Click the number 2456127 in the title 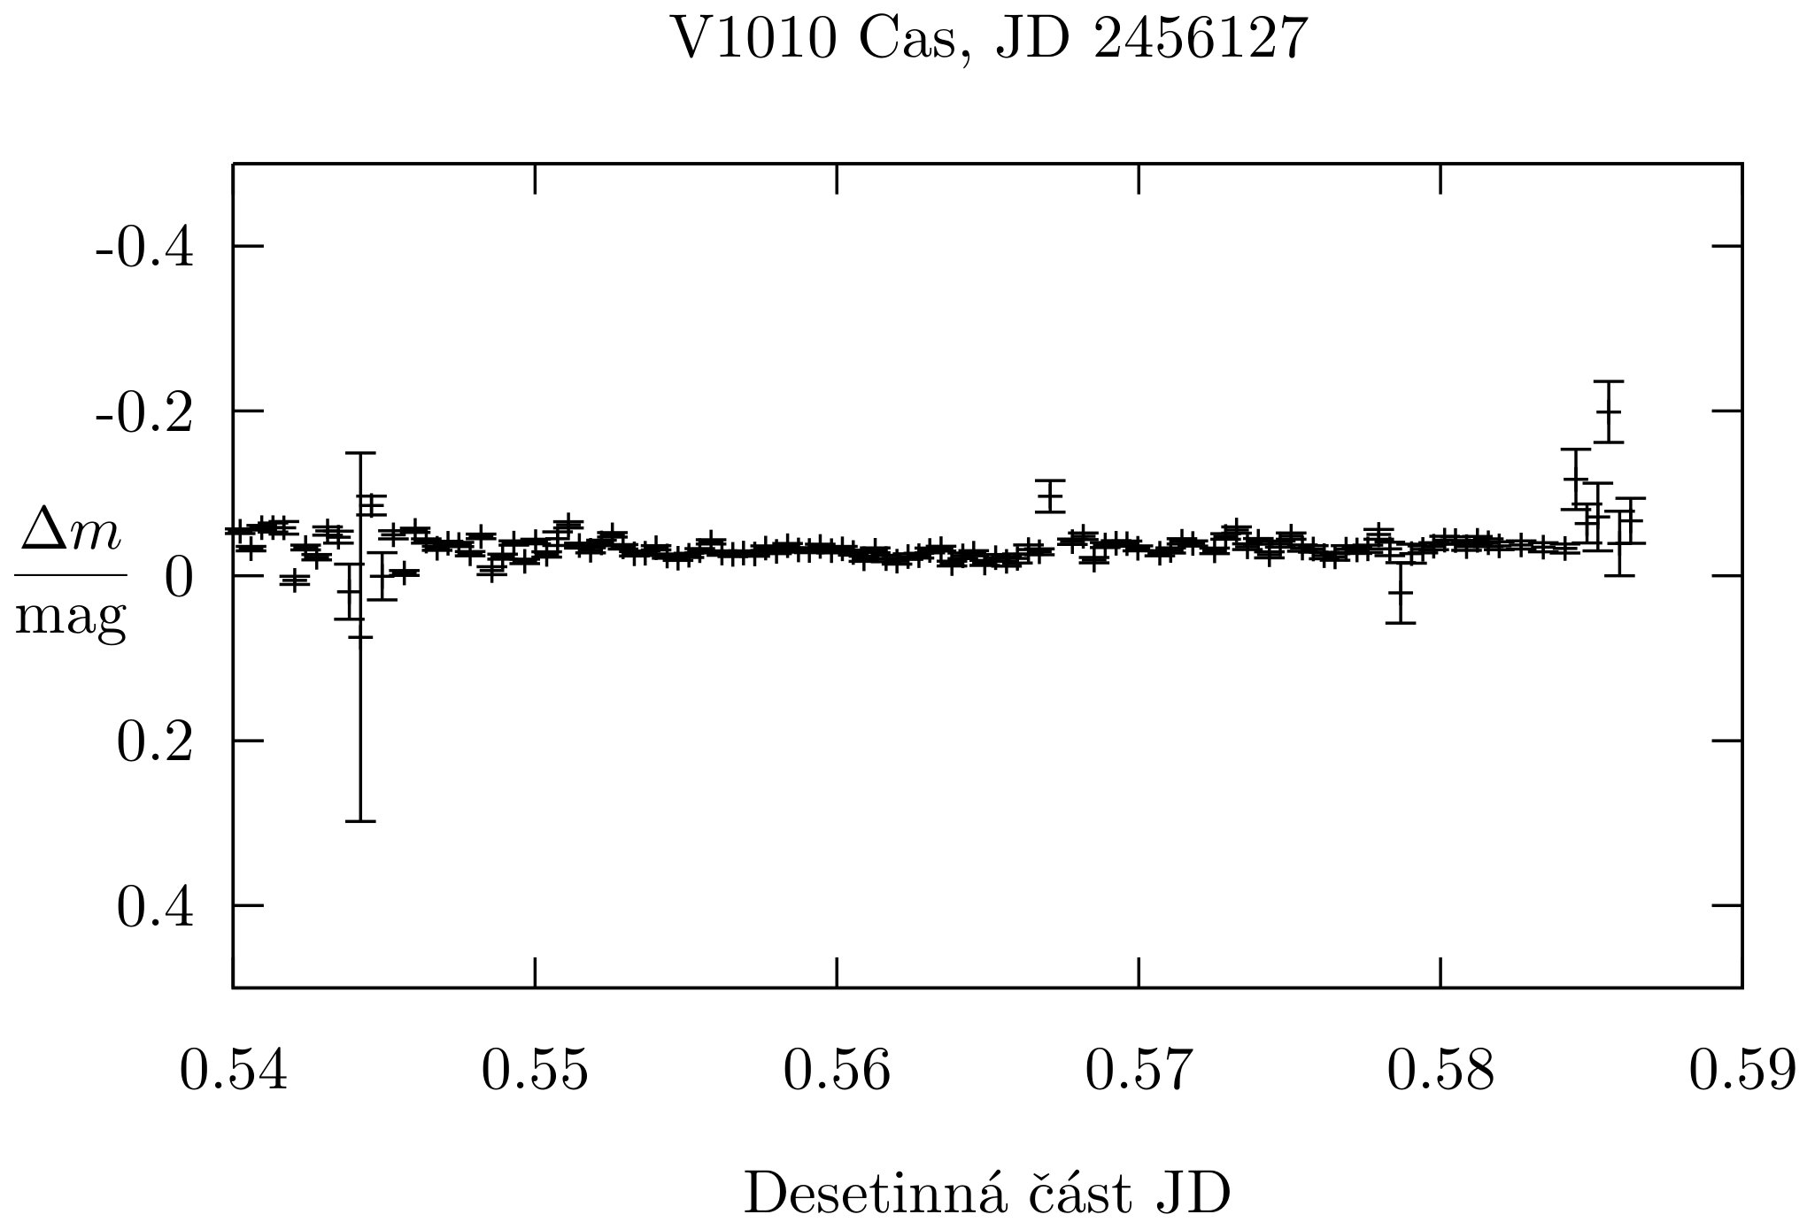coord(1200,40)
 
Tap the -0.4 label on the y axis coord(144,249)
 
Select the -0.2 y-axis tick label coord(144,413)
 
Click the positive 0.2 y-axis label coord(155,743)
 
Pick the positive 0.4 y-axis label coord(155,908)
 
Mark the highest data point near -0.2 coord(1608,411)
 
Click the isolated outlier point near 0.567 coord(1050,496)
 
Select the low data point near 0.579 coord(1400,593)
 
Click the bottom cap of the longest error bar coord(360,821)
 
